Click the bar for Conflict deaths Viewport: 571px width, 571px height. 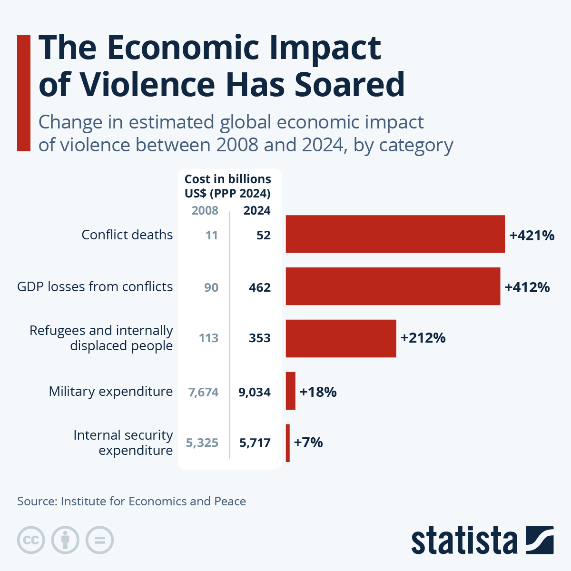tap(395, 234)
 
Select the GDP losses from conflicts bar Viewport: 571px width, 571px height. tap(393, 286)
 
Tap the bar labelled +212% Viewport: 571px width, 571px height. tap(341, 338)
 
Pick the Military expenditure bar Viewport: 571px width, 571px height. tap(290, 391)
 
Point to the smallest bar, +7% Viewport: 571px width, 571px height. tap(287, 443)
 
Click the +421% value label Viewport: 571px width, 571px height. tap(532, 235)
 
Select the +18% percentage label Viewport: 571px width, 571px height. tap(318, 392)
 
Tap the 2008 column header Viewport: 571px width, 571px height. tap(205, 210)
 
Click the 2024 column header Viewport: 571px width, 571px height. tap(257, 210)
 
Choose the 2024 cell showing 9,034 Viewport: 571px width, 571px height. tap(255, 392)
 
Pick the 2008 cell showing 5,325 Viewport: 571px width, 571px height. tap(202, 443)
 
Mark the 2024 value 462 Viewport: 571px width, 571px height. tap(259, 287)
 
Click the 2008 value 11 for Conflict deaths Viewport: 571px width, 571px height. tap(211, 235)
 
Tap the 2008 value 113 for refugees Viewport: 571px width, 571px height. tap(208, 338)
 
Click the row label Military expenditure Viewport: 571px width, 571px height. tap(110, 391)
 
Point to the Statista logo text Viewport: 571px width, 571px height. tap(464, 541)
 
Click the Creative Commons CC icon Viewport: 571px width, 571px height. tap(31, 540)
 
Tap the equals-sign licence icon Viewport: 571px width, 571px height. tap(99, 540)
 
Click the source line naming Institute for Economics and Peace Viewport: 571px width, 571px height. tap(131, 501)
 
